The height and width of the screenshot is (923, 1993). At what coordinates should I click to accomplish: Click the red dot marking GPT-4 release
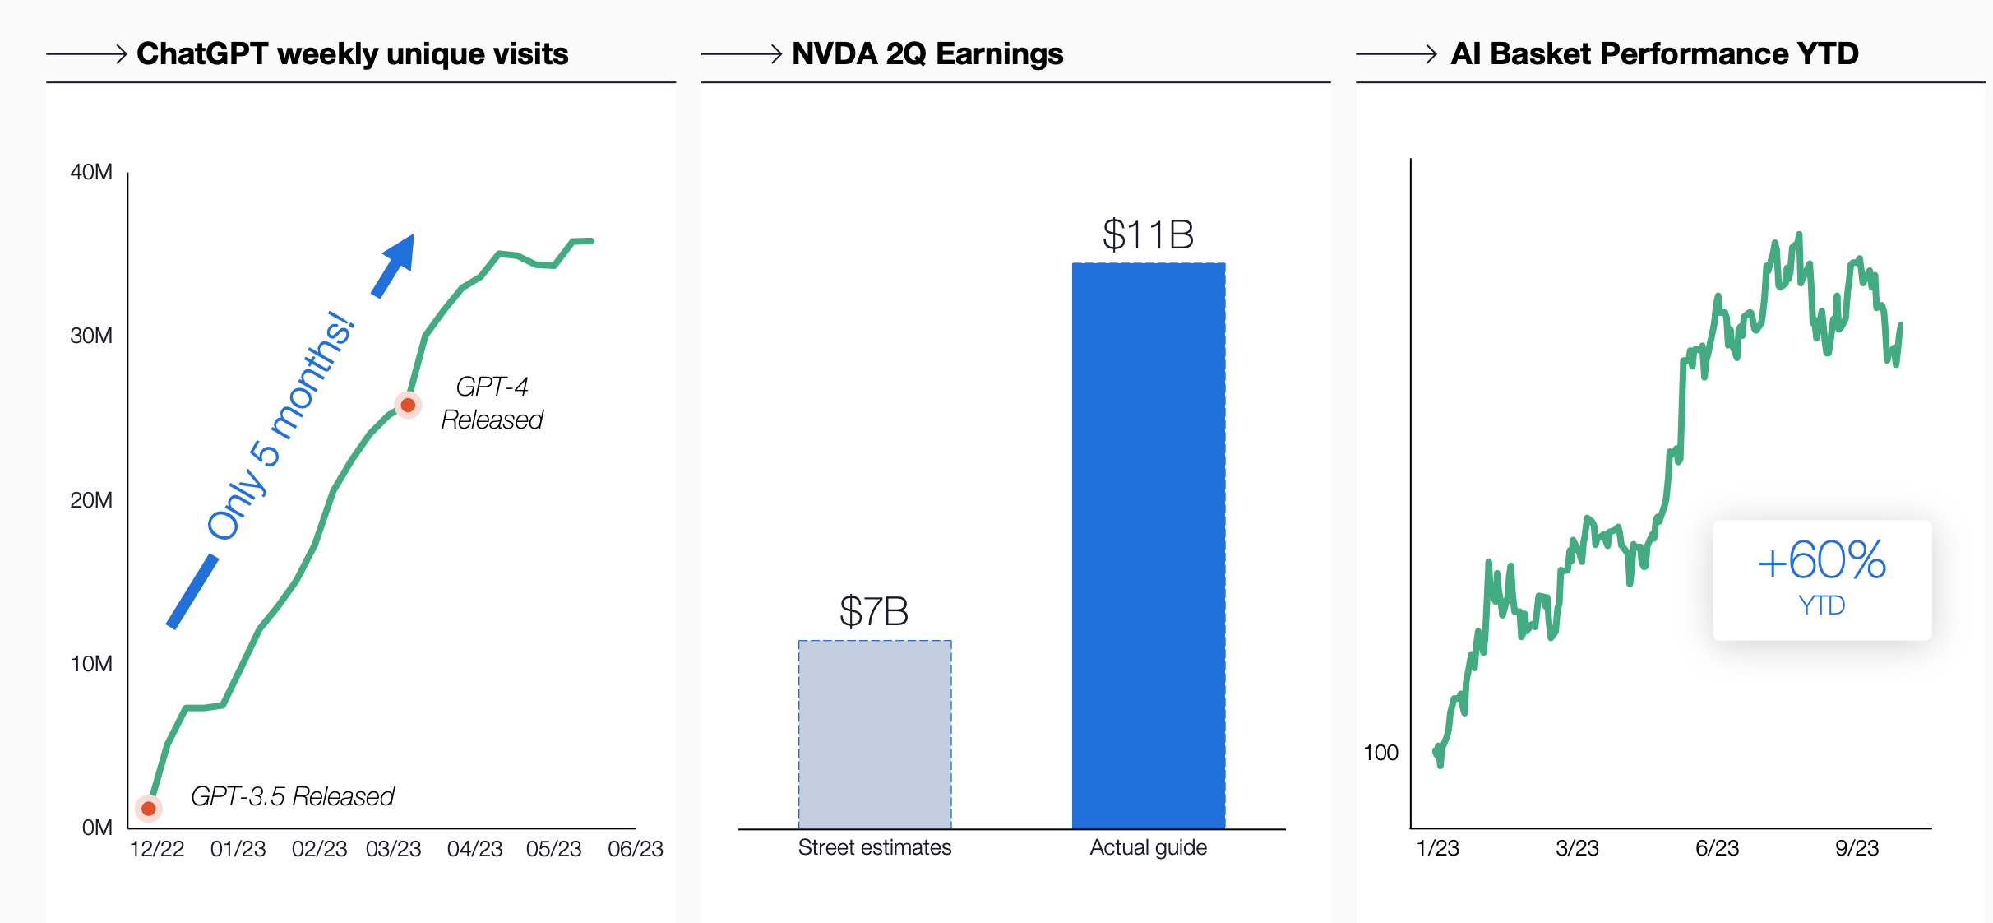[408, 405]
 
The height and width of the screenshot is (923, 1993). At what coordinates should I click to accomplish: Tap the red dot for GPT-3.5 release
[149, 809]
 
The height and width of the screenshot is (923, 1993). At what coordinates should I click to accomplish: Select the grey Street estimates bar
[875, 734]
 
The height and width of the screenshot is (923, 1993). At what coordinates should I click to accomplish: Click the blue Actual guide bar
[1148, 545]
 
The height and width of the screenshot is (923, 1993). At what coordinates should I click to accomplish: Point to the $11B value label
[1148, 235]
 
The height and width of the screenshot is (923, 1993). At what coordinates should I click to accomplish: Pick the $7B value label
[874, 612]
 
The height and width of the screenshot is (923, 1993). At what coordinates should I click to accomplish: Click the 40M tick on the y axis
[91, 172]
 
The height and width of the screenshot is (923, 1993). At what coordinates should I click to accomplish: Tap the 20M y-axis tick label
[91, 500]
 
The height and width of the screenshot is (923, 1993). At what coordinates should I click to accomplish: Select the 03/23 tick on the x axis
[393, 849]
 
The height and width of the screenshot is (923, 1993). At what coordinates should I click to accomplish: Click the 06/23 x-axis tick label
[635, 849]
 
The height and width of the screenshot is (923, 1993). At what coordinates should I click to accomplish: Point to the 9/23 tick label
[1857, 848]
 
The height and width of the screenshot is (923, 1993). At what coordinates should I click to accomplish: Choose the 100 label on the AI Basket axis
[1380, 753]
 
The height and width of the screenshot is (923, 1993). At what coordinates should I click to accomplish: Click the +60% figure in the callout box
[1821, 561]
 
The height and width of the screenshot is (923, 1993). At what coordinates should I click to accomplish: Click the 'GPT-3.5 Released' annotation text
[293, 796]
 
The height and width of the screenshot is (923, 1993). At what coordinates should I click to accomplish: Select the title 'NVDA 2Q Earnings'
[927, 54]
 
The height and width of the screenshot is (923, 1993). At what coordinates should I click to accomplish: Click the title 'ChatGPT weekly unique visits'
[352, 54]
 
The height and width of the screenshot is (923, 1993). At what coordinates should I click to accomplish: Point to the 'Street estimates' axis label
[874, 847]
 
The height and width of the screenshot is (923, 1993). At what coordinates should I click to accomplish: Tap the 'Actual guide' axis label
[1148, 847]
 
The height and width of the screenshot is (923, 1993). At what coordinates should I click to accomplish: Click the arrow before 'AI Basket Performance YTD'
[1396, 54]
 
